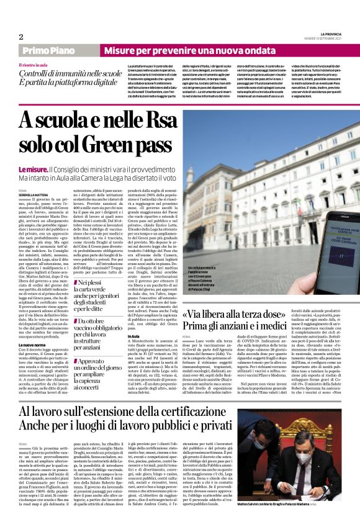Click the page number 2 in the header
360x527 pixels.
(x=21, y=37)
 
